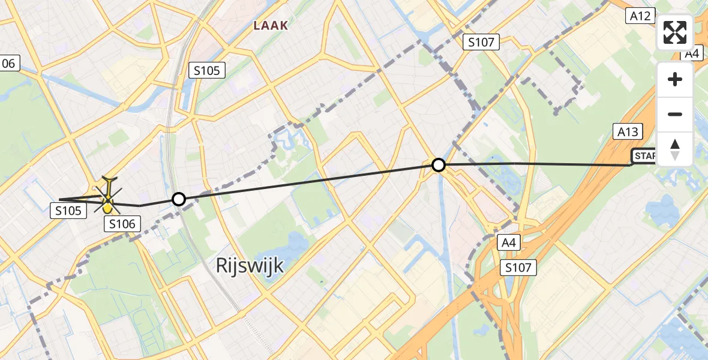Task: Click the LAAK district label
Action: (271, 26)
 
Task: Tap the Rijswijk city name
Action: (250, 265)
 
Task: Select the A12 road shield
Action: (641, 16)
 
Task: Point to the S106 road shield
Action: (122, 224)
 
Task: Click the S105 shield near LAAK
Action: (207, 70)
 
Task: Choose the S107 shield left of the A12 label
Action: (482, 42)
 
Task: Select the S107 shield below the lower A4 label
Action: (518, 267)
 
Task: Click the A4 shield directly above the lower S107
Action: (508, 242)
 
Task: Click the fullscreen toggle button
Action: (675, 33)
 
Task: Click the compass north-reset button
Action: (675, 149)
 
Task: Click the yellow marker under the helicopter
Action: (107, 208)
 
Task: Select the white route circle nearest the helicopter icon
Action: (178, 199)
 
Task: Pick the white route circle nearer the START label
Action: (439, 164)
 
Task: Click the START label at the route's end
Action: (644, 157)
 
